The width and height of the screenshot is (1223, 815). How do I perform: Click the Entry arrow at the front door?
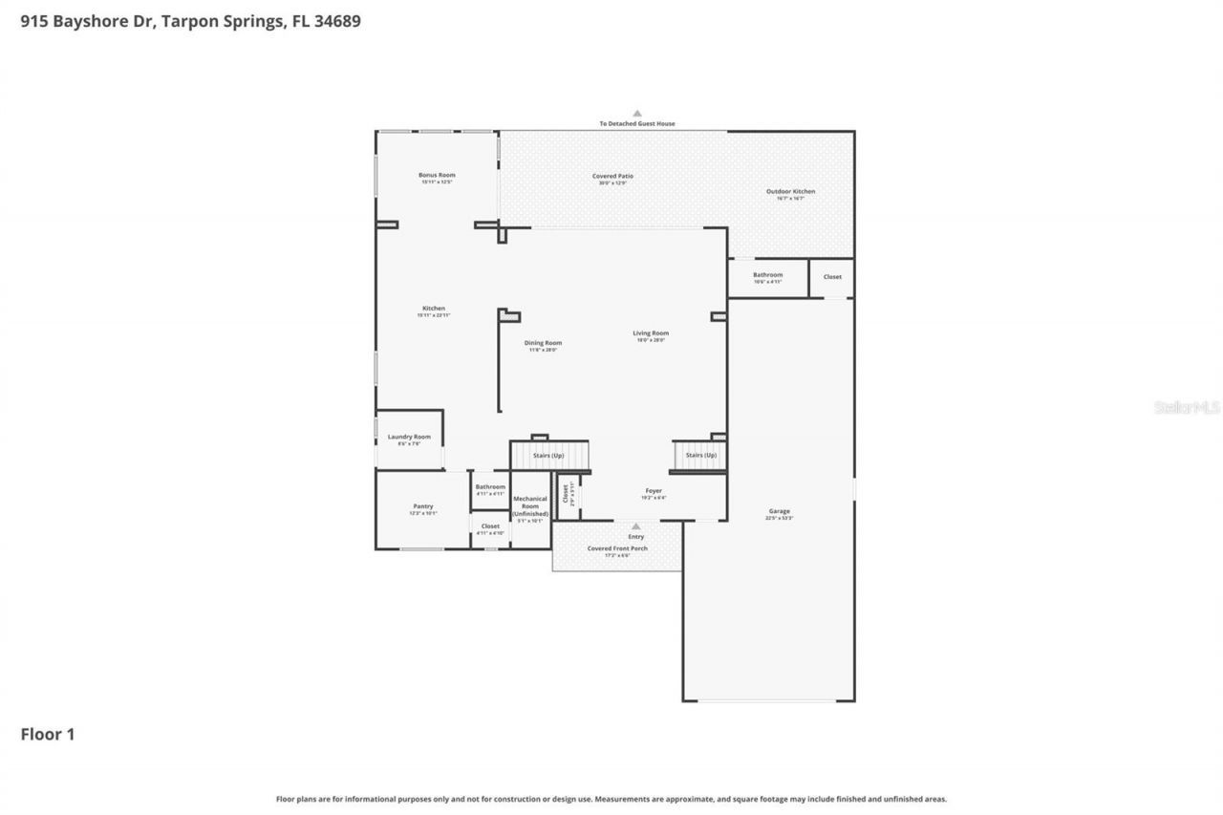(636, 526)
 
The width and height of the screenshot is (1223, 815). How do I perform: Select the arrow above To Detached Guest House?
(637, 114)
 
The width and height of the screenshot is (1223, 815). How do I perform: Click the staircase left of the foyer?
(548, 456)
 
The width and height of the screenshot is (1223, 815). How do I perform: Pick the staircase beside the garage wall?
(700, 455)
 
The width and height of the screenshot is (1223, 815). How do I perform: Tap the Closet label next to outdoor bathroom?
(832, 277)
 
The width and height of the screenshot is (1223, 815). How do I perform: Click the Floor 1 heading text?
(48, 734)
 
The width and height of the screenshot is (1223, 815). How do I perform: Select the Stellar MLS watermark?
(1187, 407)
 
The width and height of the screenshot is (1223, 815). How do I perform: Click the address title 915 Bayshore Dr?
(190, 20)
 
